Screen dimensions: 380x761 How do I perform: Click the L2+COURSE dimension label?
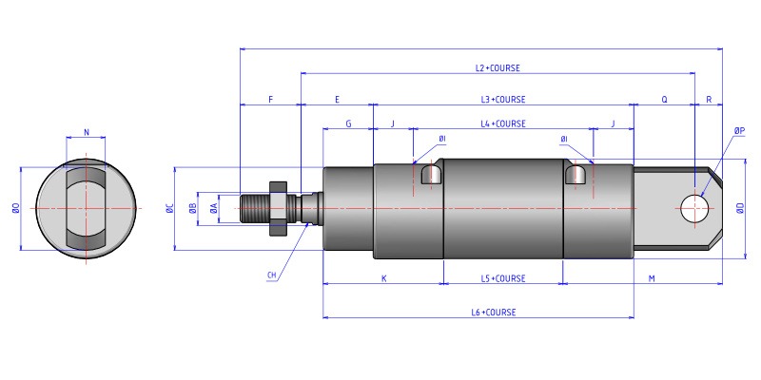pyautogui.click(x=498, y=67)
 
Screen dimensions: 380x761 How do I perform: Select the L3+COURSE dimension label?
pyautogui.click(x=503, y=99)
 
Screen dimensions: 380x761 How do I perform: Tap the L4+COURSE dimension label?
pyautogui.click(x=503, y=123)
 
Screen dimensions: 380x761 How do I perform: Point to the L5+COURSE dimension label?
pyautogui.click(x=503, y=278)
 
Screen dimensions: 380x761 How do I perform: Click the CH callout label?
pyautogui.click(x=272, y=275)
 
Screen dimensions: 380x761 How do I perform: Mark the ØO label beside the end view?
pyautogui.click(x=15, y=208)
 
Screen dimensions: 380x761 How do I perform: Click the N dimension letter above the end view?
pyautogui.click(x=87, y=133)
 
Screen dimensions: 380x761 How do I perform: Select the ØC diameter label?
pyautogui.click(x=168, y=208)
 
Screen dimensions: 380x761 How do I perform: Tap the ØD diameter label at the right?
pyautogui.click(x=739, y=208)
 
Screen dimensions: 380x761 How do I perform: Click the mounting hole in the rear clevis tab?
pyautogui.click(x=693, y=208)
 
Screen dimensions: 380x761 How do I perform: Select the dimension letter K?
pyautogui.click(x=383, y=278)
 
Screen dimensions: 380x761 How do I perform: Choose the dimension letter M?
pyautogui.click(x=652, y=278)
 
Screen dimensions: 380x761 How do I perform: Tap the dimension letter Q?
pyautogui.click(x=664, y=99)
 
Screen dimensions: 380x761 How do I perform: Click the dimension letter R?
pyautogui.click(x=709, y=99)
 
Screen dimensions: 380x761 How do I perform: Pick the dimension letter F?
pyautogui.click(x=271, y=99)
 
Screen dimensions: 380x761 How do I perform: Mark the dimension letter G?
pyautogui.click(x=348, y=123)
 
